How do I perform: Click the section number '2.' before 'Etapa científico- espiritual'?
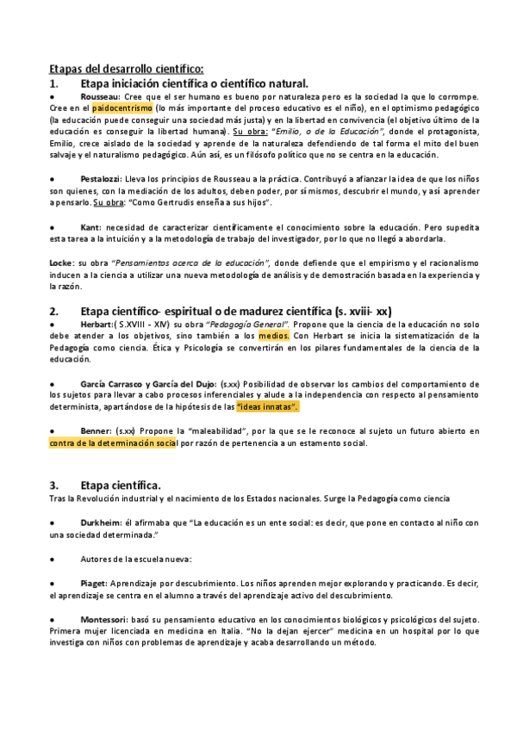click(x=53, y=310)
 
